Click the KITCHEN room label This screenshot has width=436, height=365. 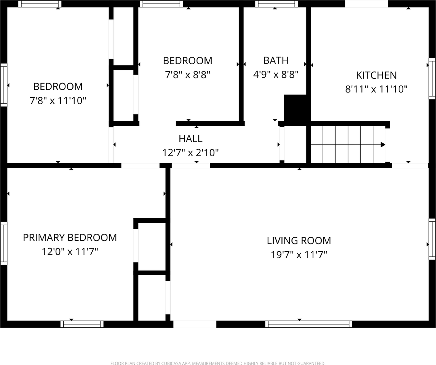(x=376, y=75)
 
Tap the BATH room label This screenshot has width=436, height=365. (x=276, y=60)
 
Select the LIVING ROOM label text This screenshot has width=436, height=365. (x=299, y=241)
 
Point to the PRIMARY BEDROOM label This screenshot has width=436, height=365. (x=70, y=238)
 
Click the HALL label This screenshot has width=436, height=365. (x=190, y=139)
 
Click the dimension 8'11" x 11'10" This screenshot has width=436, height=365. (x=376, y=89)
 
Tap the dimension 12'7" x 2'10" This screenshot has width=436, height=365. (x=190, y=153)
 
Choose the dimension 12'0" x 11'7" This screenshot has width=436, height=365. (x=70, y=252)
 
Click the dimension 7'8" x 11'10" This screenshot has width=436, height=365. (x=58, y=101)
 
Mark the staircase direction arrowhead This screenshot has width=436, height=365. (x=383, y=144)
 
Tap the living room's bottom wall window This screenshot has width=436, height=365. (x=308, y=324)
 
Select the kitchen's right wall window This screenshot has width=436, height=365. (x=432, y=79)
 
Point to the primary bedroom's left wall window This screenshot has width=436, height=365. (x=3, y=243)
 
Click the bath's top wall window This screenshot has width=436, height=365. (x=276, y=4)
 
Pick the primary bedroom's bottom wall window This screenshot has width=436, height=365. (x=82, y=324)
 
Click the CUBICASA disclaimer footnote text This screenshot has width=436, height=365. (x=218, y=363)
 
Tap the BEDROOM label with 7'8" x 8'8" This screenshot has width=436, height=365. (x=187, y=60)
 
